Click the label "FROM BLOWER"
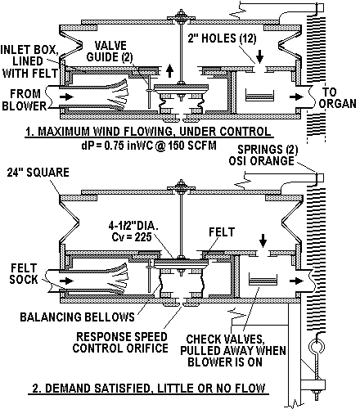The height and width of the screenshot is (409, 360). point(25,100)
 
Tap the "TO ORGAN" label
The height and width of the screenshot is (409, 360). point(338,97)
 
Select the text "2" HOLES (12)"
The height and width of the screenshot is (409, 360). point(222,38)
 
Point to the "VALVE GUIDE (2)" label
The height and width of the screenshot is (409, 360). point(110,52)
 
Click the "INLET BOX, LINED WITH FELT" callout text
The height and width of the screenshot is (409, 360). point(29,61)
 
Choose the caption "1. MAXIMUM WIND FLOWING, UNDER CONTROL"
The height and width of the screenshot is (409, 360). point(148,132)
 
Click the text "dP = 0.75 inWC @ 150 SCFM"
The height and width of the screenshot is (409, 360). point(149,145)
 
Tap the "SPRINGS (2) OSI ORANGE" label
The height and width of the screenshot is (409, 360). point(263,155)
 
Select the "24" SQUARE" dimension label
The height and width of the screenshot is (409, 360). point(38,173)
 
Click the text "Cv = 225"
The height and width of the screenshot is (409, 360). point(132,236)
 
